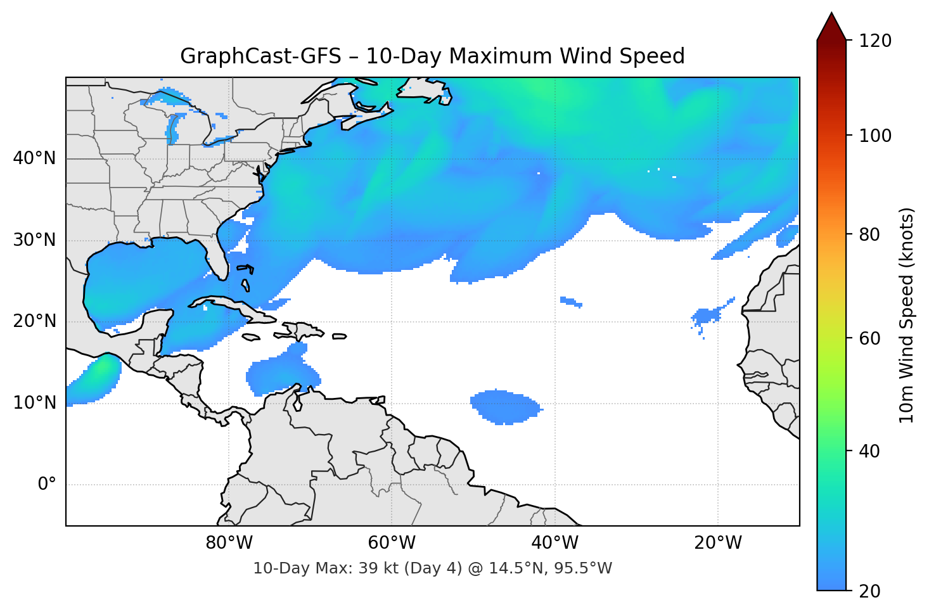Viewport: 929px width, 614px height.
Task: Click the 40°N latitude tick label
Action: (34, 158)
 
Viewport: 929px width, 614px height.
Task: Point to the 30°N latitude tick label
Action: (34, 240)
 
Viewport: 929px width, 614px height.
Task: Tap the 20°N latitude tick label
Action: (34, 321)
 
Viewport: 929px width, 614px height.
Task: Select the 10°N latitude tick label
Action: (34, 403)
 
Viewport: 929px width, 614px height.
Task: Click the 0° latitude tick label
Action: (47, 485)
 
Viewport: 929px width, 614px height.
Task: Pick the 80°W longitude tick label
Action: (229, 543)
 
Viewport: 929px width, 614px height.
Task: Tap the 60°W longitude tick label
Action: (392, 543)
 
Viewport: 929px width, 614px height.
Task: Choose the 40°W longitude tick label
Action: (554, 543)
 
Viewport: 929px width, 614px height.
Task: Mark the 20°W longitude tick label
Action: (717, 543)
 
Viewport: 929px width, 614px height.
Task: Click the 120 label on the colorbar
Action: (875, 41)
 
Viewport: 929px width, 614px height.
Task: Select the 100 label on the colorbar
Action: (875, 136)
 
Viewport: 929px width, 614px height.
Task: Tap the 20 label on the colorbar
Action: (869, 591)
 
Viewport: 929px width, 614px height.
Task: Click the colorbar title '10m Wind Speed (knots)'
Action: (907, 315)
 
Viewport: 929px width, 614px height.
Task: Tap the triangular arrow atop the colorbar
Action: (831, 27)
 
